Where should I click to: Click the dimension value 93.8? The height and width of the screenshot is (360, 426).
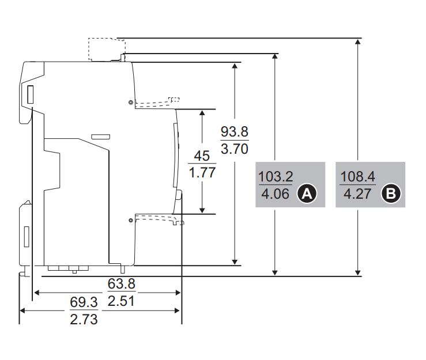click(235, 132)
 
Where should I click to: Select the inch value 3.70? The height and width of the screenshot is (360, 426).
click(235, 149)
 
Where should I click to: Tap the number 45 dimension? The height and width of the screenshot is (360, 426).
click(202, 156)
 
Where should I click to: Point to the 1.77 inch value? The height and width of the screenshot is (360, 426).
click(202, 173)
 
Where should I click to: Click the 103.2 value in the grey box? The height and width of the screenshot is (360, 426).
click(276, 177)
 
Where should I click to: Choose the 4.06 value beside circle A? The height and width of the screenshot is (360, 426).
click(275, 194)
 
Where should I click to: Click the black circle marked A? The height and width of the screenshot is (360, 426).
click(307, 194)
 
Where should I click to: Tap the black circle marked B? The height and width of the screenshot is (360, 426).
click(391, 194)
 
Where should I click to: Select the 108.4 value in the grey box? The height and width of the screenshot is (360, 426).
click(357, 177)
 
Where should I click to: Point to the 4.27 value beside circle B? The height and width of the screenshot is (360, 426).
click(357, 194)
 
